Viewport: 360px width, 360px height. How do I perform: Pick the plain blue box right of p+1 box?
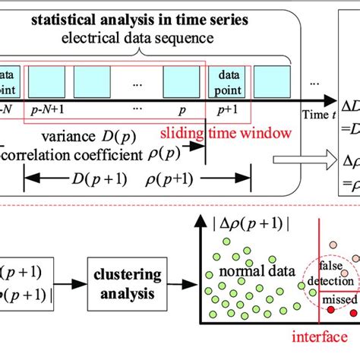[271, 79]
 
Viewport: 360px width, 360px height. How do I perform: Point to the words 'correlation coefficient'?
[76, 156]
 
